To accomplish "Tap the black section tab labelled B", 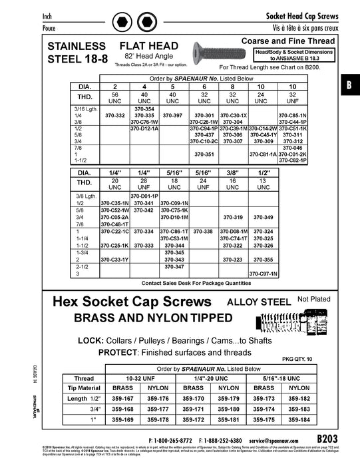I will [349, 85].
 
